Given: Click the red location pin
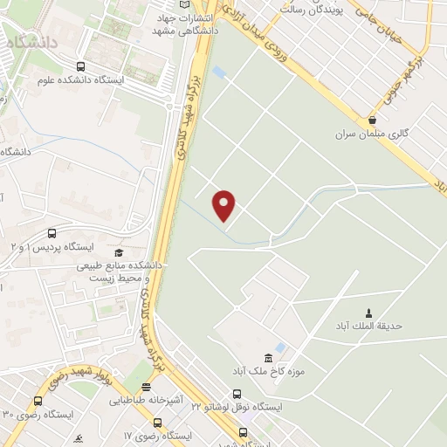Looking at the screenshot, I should pyautogui.click(x=224, y=205).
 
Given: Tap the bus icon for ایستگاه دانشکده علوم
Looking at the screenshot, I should pyautogui.click(x=81, y=66).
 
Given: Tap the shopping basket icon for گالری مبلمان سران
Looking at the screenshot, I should pyautogui.click(x=373, y=120).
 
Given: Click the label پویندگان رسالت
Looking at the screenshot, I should pyautogui.click(x=315, y=8).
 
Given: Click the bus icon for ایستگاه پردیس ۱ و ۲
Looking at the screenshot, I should pyautogui.click(x=52, y=234).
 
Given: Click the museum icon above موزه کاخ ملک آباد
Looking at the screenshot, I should pyautogui.click(x=268, y=358).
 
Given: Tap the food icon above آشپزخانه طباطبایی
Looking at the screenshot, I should pyautogui.click(x=147, y=387).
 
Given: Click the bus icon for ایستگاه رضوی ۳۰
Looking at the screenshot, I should pyautogui.click(x=38, y=401).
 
